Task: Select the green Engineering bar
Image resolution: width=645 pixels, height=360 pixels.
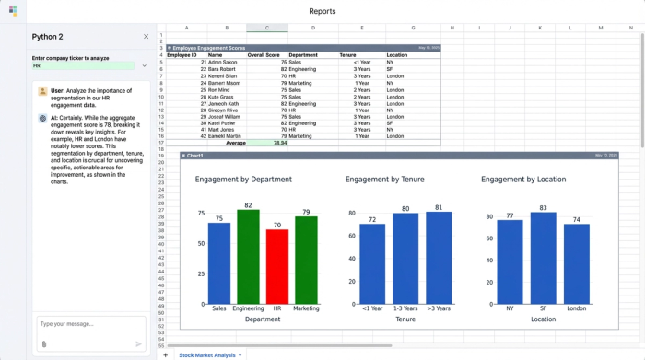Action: click(248, 258)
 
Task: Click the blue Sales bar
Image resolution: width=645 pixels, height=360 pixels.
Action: click(219, 263)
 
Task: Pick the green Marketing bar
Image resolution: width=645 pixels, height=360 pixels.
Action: click(306, 261)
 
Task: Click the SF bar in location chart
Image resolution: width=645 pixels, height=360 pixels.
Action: click(544, 259)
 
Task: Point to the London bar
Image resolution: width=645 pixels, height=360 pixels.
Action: click(577, 264)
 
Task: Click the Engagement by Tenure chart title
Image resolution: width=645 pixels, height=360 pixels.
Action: click(384, 180)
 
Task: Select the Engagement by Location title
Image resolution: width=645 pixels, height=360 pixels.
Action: click(523, 180)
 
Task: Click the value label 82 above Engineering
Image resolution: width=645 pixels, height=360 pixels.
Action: click(248, 205)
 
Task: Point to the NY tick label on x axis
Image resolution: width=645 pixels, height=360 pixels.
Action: click(510, 308)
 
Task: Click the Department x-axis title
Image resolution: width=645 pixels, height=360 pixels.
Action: click(263, 319)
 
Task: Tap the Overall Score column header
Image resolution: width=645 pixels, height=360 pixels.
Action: click(264, 54)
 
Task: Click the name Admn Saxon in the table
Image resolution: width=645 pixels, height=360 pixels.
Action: click(222, 62)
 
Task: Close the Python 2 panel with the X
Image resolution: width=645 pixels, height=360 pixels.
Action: click(146, 37)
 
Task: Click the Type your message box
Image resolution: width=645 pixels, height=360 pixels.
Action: click(90, 324)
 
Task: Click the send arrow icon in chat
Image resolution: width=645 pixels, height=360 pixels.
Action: click(139, 343)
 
